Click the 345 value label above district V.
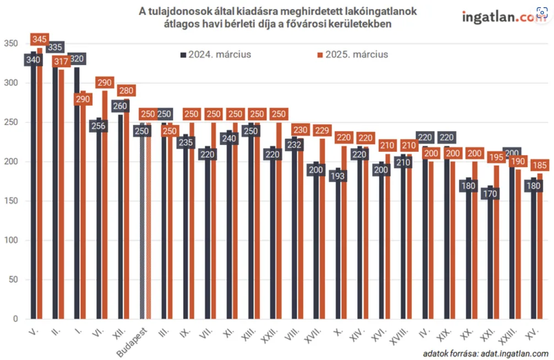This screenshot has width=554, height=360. click(x=39, y=40)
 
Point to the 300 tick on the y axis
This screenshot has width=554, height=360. click(x=11, y=83)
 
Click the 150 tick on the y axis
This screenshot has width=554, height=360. click(x=11, y=201)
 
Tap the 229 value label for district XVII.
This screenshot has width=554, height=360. click(x=323, y=130)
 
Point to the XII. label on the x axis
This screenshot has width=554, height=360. click(x=117, y=335)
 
